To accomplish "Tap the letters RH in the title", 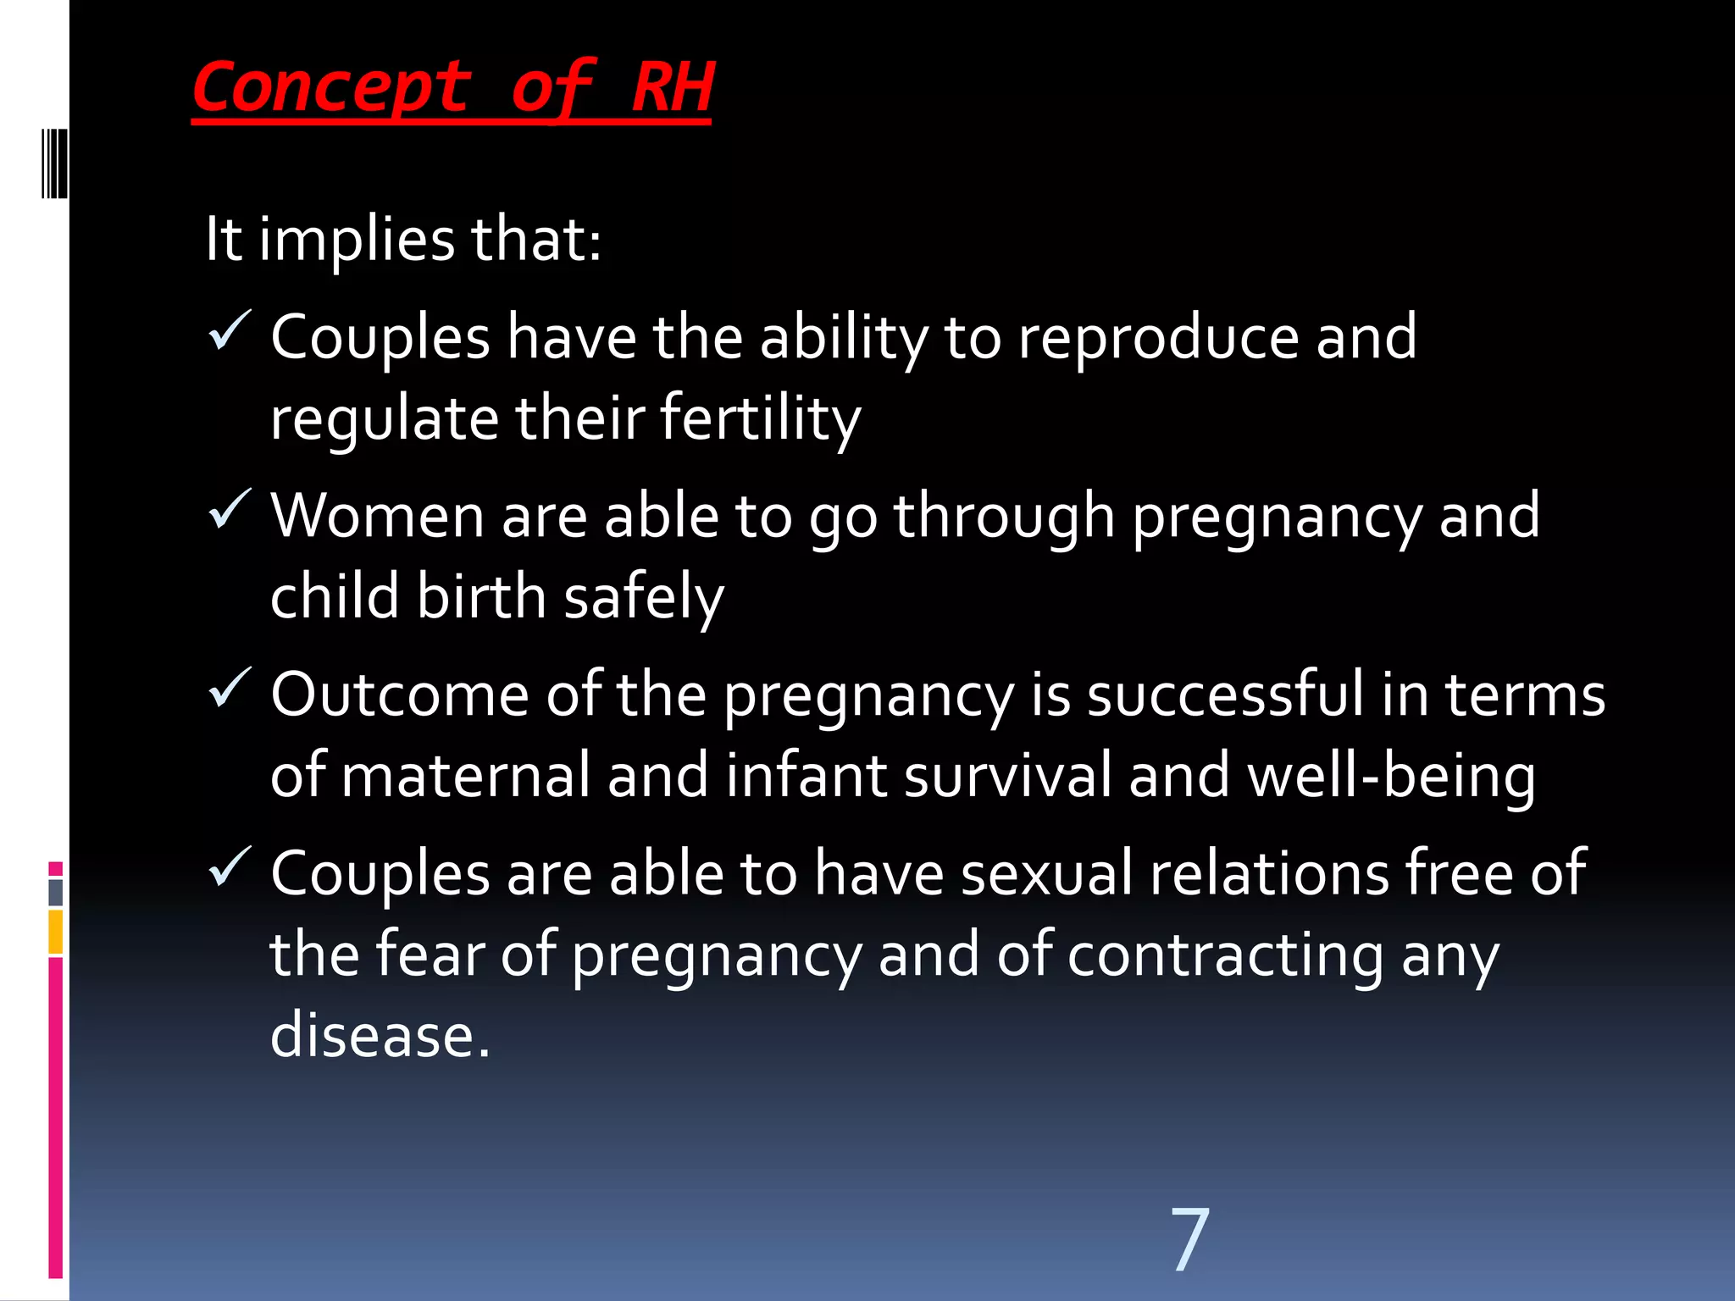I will [673, 87].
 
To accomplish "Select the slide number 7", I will [1189, 1240].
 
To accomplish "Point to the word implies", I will [357, 240].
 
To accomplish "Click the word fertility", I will [760, 419].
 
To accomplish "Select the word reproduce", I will [1158, 338].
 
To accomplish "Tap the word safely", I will [644, 598].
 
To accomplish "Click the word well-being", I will [1391, 777].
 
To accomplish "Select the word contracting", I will [1225, 956].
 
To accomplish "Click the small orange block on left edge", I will [56, 932].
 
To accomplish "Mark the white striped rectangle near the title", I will [54, 163].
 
